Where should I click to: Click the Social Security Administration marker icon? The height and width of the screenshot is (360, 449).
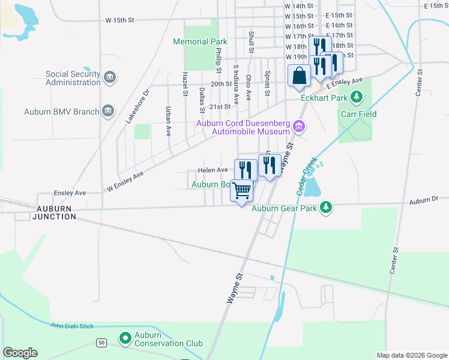[109, 77]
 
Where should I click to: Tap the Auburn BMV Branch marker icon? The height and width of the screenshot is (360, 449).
[107, 111]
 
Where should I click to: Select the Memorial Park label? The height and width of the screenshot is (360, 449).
[200, 42]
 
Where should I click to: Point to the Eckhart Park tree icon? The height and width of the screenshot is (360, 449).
[357, 97]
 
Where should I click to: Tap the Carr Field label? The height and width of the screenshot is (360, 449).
[358, 113]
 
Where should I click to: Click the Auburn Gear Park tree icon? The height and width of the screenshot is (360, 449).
[326, 208]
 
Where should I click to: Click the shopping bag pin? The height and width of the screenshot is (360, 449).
[298, 76]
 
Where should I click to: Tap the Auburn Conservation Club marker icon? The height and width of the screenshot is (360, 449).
[125, 338]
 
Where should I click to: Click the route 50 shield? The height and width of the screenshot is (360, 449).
[101, 342]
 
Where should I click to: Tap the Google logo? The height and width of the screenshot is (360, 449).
[20, 353]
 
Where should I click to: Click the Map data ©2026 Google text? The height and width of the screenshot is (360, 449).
[411, 355]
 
